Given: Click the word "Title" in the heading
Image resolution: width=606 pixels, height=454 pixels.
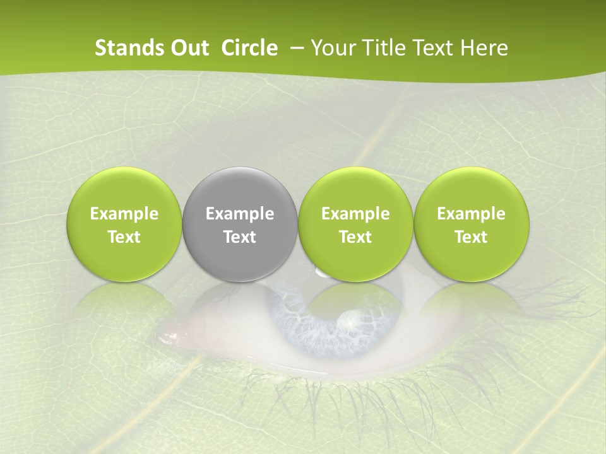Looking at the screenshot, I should tap(385, 48).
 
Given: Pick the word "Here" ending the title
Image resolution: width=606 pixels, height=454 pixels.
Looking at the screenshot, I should tap(485, 48).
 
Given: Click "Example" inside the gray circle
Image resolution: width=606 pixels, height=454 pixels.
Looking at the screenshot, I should tap(240, 214).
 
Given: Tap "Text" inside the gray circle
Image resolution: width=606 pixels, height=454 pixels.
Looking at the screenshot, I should tap(240, 237).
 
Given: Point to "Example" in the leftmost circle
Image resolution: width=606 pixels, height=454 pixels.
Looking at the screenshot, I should tap(124, 214).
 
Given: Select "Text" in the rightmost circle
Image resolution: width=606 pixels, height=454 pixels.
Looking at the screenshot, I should tap(472, 237).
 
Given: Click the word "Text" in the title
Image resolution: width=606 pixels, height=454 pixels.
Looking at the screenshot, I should tap(436, 48).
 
